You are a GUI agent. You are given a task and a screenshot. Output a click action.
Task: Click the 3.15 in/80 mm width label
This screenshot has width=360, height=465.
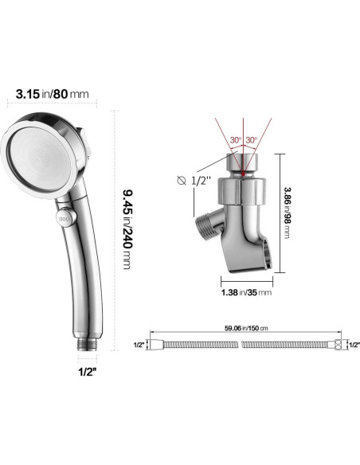pyautogui.click(x=53, y=94)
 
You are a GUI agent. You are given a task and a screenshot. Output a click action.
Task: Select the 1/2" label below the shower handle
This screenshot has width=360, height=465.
pyautogui.click(x=88, y=372)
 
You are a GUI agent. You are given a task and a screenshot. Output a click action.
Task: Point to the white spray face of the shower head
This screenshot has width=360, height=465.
pyautogui.click(x=38, y=158)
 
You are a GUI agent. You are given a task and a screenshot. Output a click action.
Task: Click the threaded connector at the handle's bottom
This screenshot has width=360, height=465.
pyautogui.click(x=88, y=344)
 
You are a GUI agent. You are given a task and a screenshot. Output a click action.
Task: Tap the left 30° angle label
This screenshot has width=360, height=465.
pyautogui.click(x=236, y=140)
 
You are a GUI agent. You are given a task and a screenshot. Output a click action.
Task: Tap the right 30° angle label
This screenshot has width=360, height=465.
pyautogui.click(x=252, y=140)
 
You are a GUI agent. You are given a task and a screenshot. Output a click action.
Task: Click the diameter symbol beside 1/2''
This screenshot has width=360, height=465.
pyautogui.click(x=182, y=180)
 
